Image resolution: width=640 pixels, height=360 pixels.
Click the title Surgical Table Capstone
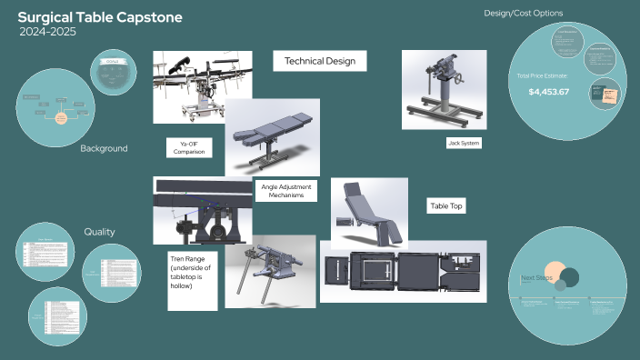(x=99, y=17)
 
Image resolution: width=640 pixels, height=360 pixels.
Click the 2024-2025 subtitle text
(x=47, y=32)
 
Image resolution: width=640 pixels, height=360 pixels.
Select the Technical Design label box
(x=320, y=61)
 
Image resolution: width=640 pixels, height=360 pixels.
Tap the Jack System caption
(x=464, y=143)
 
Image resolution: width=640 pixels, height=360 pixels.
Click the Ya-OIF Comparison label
(x=189, y=148)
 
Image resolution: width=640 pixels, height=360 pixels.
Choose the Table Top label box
(x=445, y=206)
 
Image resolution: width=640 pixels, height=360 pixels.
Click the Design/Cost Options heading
(x=523, y=14)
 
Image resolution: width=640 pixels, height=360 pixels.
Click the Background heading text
(x=104, y=148)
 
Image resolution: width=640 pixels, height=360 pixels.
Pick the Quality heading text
(x=99, y=232)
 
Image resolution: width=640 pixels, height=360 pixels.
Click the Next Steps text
(x=537, y=278)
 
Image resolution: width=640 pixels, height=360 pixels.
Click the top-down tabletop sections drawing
(x=403, y=272)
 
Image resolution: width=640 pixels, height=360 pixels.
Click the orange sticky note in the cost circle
(x=603, y=94)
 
